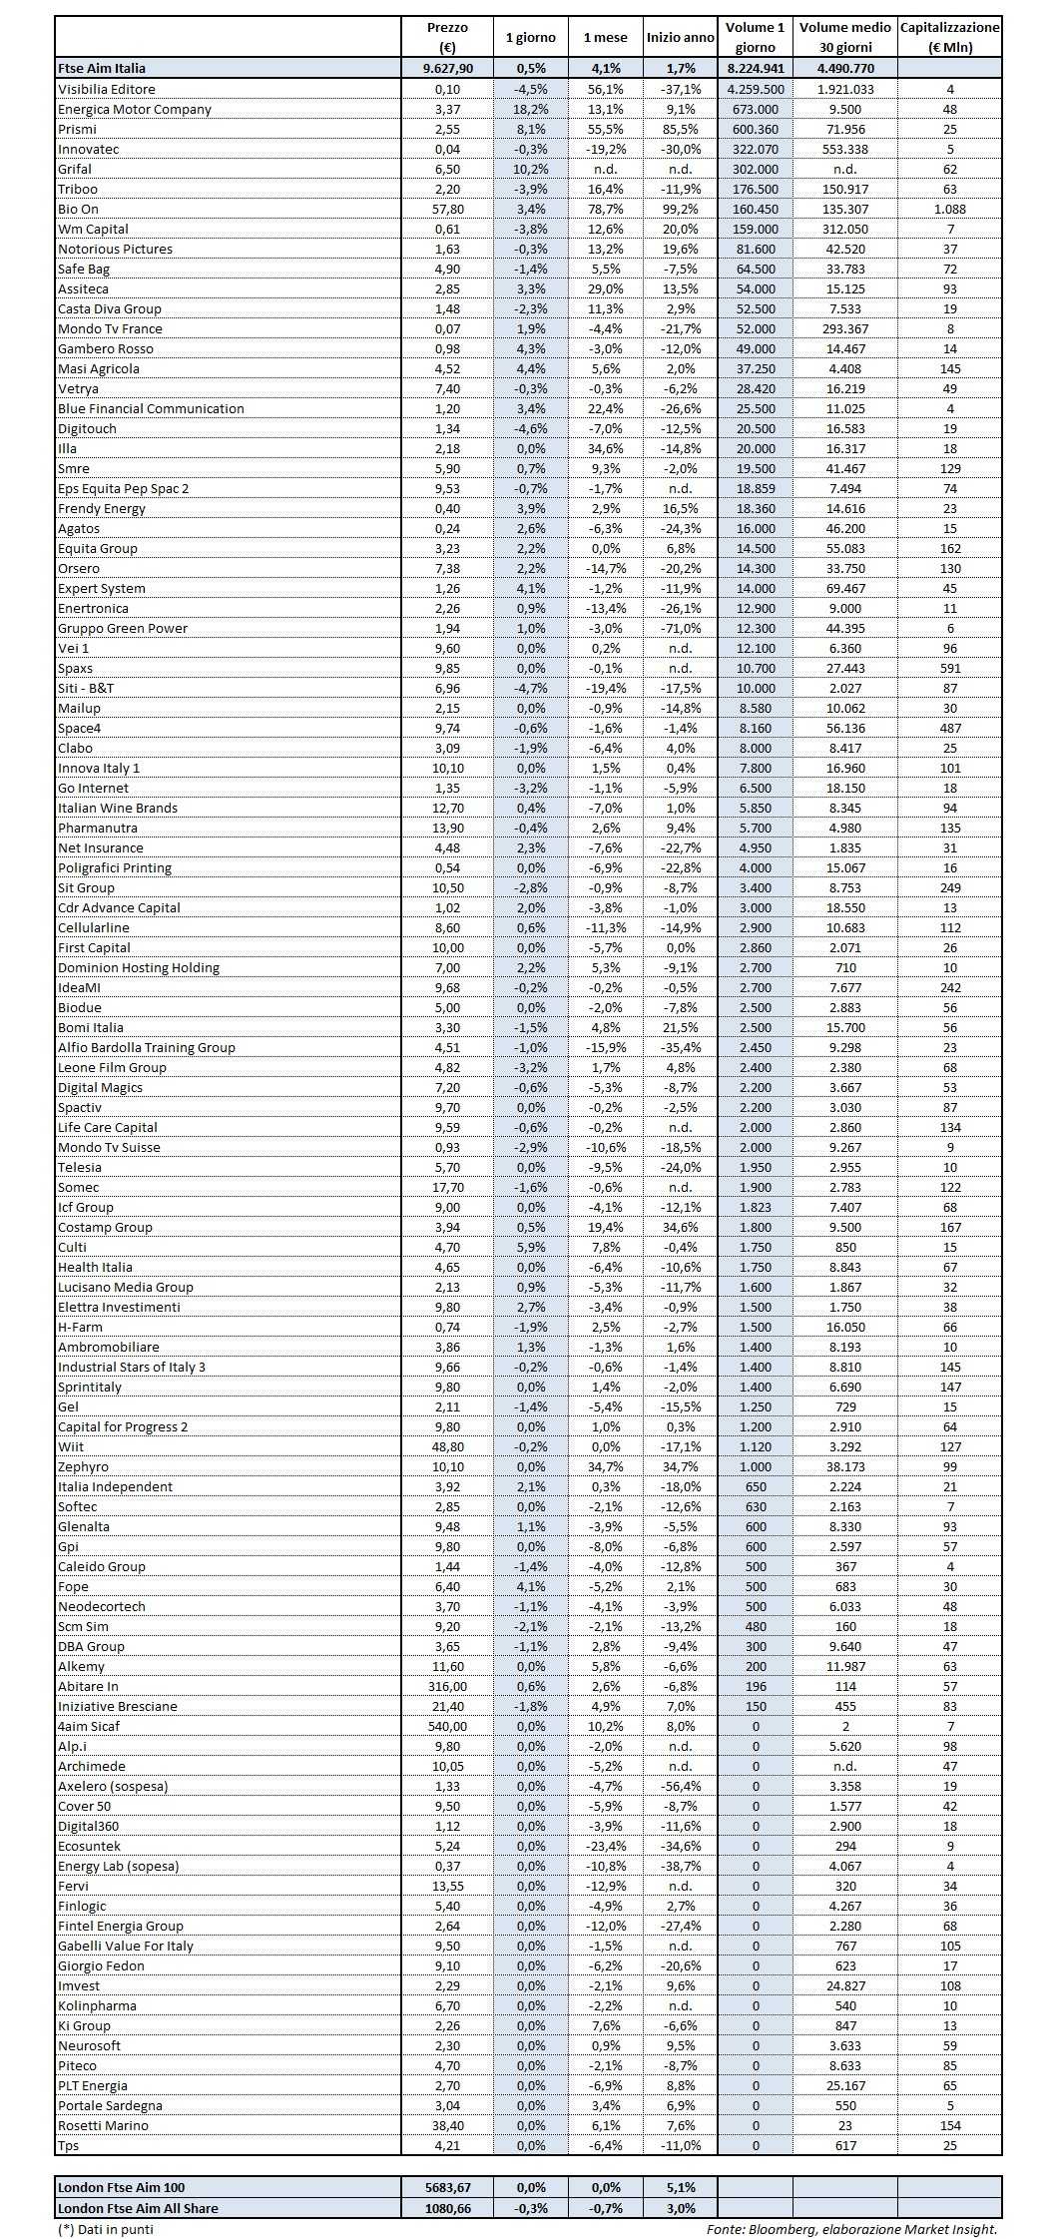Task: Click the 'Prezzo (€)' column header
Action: click(x=446, y=37)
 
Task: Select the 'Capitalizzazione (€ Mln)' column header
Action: click(x=949, y=37)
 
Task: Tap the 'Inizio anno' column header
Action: click(x=681, y=37)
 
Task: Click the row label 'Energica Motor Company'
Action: click(x=135, y=109)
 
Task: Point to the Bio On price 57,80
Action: click(x=446, y=209)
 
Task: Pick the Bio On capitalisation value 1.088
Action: click(x=949, y=209)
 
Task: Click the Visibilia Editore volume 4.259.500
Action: click(x=755, y=89)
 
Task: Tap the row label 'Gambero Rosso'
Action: click(x=106, y=348)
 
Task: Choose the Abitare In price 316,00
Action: click(x=446, y=1686)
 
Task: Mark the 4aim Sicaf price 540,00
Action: click(x=446, y=1726)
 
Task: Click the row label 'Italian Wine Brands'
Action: click(x=118, y=808)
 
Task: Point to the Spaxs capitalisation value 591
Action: click(x=949, y=668)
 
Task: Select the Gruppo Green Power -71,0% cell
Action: click(x=681, y=628)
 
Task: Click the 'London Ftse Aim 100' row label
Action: click(x=122, y=2187)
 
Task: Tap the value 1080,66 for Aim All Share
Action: click(x=446, y=2208)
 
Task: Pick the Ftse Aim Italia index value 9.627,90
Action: click(x=446, y=68)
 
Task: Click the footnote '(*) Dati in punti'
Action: click(x=106, y=2229)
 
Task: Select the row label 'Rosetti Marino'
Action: click(x=103, y=2125)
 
